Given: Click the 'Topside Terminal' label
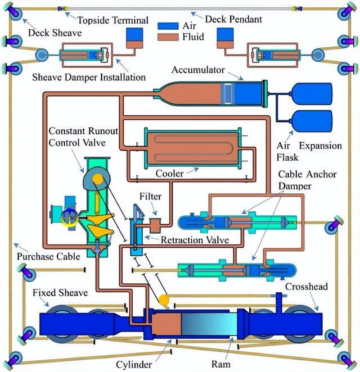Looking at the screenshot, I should [112, 20].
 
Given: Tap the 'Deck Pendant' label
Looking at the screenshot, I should [233, 19].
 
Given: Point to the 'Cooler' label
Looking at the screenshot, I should [169, 174].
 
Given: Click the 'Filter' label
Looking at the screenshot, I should [151, 197].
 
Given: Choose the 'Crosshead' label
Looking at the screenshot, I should [305, 286].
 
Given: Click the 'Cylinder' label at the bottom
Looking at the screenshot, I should [133, 365].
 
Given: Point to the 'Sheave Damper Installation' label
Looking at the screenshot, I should [89, 77].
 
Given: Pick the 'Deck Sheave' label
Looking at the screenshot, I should [55, 33].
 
